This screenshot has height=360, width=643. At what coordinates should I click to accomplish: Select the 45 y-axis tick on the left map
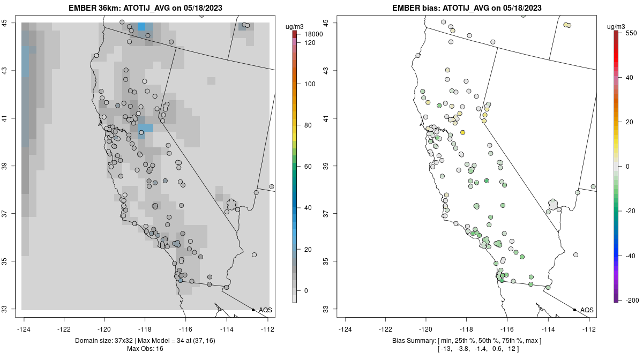coord(8,23)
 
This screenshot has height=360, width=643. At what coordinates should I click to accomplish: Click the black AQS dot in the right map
coord(574,310)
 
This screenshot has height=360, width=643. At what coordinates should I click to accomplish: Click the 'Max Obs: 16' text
coord(145,349)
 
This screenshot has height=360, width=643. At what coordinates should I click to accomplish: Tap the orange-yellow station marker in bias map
coord(462,132)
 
